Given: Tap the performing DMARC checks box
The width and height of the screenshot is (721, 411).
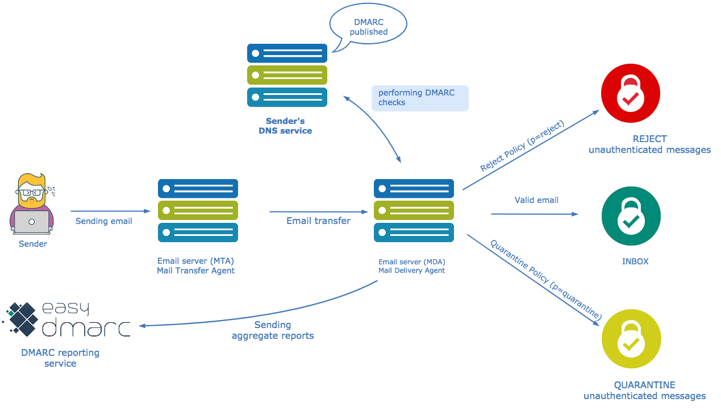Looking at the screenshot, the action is tap(420, 98).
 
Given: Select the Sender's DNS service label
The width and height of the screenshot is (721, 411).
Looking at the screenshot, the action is tap(285, 126).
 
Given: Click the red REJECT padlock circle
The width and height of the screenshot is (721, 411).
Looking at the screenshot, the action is tap(631, 93).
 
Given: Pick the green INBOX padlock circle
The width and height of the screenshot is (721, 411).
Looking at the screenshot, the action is tap(631, 216).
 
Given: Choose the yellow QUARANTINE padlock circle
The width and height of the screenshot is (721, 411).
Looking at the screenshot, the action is tap(632, 339).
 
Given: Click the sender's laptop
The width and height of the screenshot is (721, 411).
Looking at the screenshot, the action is tap(32, 222).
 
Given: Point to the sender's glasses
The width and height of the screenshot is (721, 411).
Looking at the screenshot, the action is tap(31, 193).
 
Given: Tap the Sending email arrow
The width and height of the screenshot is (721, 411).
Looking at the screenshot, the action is tap(110, 211).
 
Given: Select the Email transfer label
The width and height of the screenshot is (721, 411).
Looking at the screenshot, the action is tap(318, 221).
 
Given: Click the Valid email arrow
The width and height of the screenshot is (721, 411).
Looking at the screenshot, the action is tap(534, 214).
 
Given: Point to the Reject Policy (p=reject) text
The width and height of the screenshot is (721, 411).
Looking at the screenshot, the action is tap(522, 146).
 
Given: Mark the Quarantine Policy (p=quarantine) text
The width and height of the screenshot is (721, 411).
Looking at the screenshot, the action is tap(546, 280).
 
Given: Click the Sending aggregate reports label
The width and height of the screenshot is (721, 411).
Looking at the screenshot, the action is tap(273, 330).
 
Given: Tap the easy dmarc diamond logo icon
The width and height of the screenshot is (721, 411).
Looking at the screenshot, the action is tap(21, 319).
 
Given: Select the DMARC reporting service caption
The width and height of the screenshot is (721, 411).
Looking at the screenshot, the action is tap(60, 358).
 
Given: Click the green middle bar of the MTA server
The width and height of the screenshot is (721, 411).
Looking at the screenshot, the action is tap(198, 210).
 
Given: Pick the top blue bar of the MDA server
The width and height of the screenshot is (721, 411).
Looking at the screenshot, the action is tap(414, 188).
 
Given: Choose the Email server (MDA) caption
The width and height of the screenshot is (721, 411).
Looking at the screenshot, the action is tap(412, 266).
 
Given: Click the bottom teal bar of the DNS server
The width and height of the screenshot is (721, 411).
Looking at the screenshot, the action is tap(287, 97).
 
